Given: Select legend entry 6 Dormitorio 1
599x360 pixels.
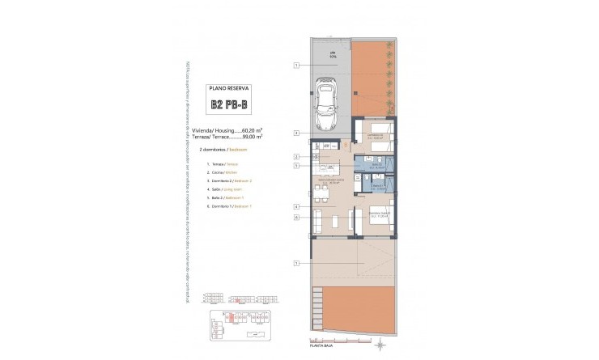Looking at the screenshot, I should pyautogui.click(x=231, y=206).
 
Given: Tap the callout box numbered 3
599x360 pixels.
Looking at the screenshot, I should pyautogui.click(x=297, y=132).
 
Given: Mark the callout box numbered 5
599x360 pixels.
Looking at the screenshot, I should pyautogui.click(x=297, y=166).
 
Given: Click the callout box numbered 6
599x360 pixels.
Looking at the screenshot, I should pyautogui.click(x=297, y=217).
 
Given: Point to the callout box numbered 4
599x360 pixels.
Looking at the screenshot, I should pyautogui.click(x=297, y=206).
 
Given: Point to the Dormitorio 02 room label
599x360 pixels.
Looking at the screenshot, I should pyautogui.click(x=373, y=136).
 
